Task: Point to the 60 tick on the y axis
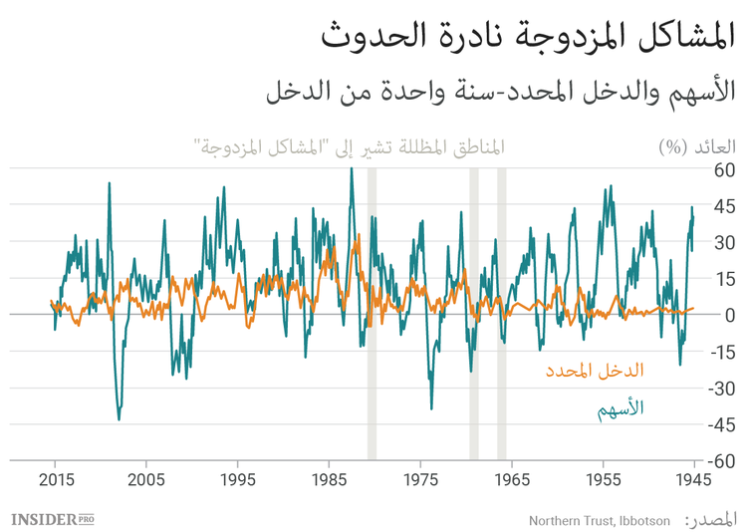(722, 169)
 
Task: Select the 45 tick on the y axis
(722, 206)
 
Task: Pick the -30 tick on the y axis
(718, 389)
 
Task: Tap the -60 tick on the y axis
(718, 461)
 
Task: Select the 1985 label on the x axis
(329, 479)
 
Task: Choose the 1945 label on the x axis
(693, 479)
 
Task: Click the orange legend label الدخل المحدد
(594, 371)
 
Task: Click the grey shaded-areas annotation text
(349, 146)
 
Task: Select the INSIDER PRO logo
(53, 519)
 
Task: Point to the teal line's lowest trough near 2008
(119, 419)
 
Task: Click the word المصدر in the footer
(713, 519)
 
